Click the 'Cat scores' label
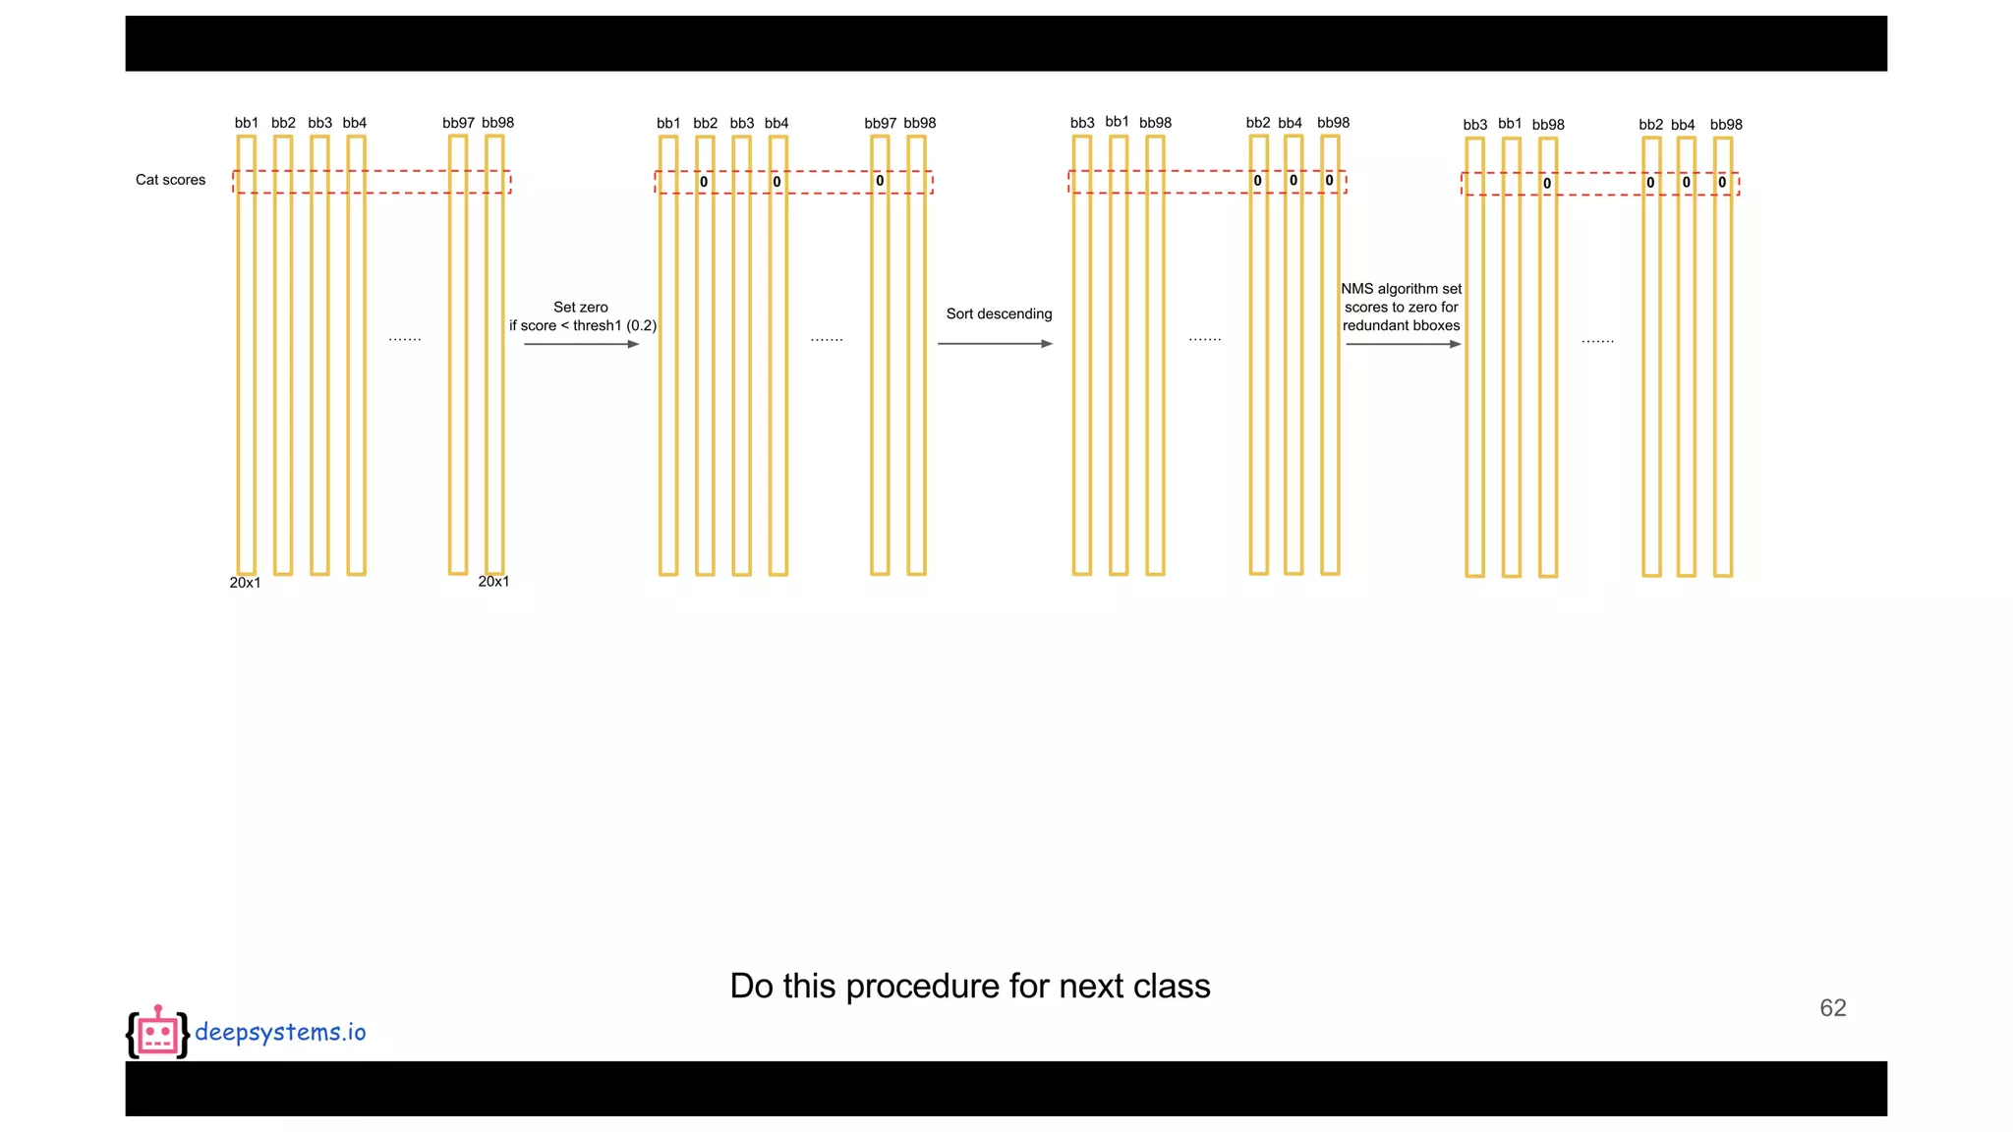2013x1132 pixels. [170, 180]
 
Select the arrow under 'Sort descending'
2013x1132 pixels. [995, 344]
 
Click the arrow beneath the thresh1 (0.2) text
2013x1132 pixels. [581, 344]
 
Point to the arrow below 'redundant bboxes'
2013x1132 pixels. [1403, 344]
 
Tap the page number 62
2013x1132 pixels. [1832, 1008]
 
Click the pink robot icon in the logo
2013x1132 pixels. [157, 1033]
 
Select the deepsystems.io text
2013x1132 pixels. [280, 1032]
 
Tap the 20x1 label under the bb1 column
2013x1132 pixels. [245, 583]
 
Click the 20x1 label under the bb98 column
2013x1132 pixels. [493, 582]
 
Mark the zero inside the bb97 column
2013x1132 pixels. [880, 181]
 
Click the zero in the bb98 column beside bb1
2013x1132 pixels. [1547, 184]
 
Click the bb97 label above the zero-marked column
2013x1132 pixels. [880, 123]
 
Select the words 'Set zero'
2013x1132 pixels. [581, 308]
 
